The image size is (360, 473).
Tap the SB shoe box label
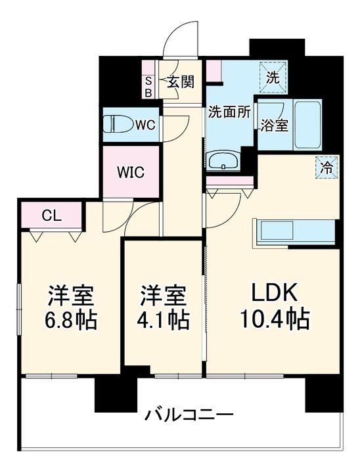148,87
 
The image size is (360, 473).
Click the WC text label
145,125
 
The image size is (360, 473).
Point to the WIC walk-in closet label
130,173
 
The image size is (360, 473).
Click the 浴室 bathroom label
273,125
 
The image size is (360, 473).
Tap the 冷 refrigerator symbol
326,167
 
